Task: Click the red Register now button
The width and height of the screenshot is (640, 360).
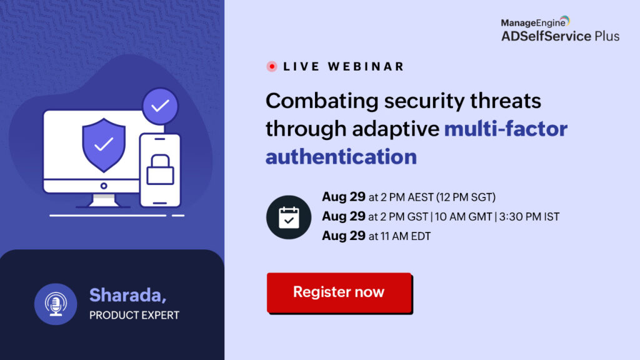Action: click(x=339, y=292)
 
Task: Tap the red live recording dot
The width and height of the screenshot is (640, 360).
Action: click(x=272, y=66)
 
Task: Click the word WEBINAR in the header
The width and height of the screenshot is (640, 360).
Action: click(x=366, y=66)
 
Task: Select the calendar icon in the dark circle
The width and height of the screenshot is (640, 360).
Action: click(x=289, y=217)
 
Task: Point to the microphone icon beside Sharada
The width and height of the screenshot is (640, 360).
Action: click(x=56, y=304)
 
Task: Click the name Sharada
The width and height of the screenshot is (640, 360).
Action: click(x=127, y=295)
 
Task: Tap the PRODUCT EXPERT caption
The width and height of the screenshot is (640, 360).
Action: click(x=134, y=315)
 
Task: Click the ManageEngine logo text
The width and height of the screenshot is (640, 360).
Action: click(x=533, y=23)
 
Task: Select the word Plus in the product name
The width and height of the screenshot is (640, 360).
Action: click(x=607, y=36)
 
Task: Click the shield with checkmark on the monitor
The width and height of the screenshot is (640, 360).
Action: click(x=104, y=145)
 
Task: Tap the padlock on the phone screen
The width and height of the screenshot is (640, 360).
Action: click(x=160, y=169)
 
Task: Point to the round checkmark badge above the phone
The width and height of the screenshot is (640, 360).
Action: click(x=160, y=106)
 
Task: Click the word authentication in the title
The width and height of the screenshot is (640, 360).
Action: click(x=341, y=157)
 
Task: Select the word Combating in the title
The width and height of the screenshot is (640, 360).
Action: click(x=322, y=101)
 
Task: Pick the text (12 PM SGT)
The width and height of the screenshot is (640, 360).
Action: click(x=466, y=197)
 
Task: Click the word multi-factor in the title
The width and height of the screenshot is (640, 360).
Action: click(x=506, y=129)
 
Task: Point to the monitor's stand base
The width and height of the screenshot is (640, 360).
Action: click(x=104, y=201)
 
